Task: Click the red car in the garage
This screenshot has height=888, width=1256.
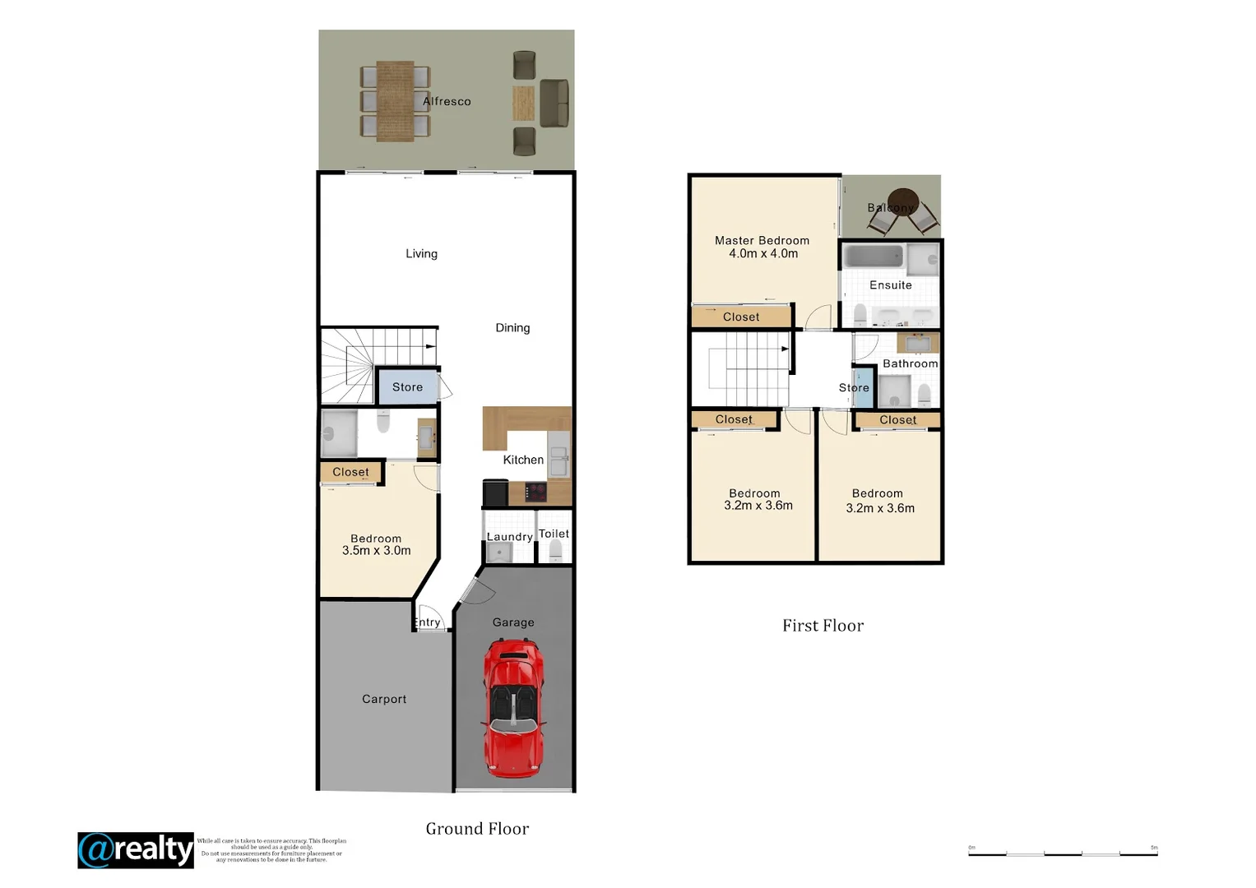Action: (513, 708)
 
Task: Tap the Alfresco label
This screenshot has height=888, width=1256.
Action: (447, 101)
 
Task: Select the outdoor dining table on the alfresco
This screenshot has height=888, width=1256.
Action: (395, 101)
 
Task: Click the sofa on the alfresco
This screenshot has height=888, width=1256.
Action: (554, 103)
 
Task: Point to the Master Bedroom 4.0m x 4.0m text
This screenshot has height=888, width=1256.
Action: (762, 247)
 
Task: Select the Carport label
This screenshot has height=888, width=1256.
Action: (384, 699)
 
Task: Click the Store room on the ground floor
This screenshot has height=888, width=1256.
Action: (407, 386)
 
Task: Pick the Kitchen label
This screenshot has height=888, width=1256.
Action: (523, 460)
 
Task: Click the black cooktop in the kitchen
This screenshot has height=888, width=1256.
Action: (536, 493)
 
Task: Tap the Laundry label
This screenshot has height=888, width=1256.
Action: (509, 537)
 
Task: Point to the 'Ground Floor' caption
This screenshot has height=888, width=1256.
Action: (477, 829)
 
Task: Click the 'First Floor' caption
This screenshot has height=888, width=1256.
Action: (823, 626)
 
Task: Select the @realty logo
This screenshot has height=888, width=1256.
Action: (136, 850)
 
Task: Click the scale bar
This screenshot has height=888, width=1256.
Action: (1063, 853)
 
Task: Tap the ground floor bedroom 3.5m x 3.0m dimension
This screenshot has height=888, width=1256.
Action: (377, 551)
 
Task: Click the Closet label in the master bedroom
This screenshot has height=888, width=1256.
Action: (741, 317)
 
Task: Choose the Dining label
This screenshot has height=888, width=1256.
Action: (512, 327)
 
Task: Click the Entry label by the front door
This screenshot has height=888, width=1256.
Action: (428, 622)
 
